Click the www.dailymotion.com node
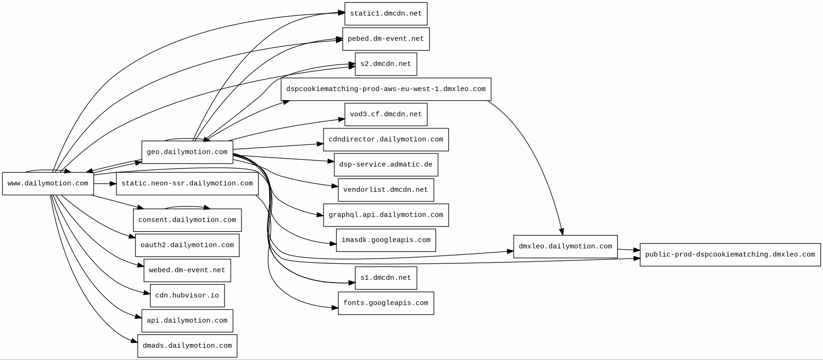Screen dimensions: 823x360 (x=48, y=184)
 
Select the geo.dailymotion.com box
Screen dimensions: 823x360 (x=187, y=152)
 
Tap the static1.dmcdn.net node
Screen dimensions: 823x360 (x=386, y=14)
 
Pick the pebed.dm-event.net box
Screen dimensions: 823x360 (x=386, y=39)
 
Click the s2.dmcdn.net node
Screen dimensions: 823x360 (x=386, y=64)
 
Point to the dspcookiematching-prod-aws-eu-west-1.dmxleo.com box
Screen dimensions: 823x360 (x=386, y=89)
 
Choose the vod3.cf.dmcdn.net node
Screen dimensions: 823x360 (x=386, y=115)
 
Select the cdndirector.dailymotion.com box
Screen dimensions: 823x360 (x=386, y=140)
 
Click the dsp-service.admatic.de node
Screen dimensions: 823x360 (x=386, y=165)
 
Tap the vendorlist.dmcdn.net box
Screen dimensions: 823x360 (x=386, y=190)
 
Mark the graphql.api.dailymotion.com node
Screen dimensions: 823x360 (x=386, y=215)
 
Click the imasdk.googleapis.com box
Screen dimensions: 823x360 (x=386, y=240)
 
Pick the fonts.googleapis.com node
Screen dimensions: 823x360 (x=386, y=303)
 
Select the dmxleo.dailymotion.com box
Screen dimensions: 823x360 (x=565, y=247)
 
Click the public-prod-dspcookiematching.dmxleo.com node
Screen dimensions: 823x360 (x=730, y=255)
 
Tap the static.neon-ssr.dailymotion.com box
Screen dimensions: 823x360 (x=187, y=184)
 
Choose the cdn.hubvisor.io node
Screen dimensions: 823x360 (x=187, y=295)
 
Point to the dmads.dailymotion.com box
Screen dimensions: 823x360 (x=187, y=346)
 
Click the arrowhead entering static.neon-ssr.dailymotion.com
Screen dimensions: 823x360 (x=113, y=184)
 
